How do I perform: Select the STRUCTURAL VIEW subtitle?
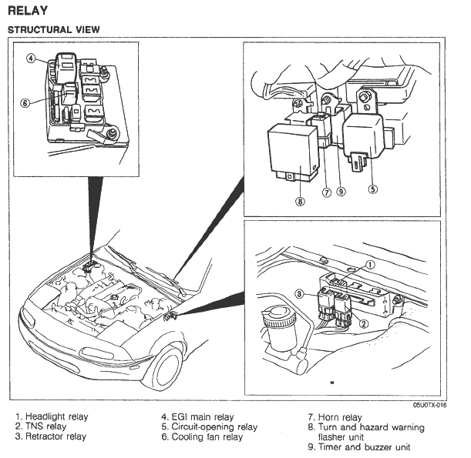tap(53, 29)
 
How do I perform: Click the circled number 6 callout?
tap(25, 104)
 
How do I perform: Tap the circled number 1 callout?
tap(369, 263)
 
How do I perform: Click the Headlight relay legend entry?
tap(52, 416)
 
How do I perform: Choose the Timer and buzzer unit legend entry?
tap(358, 447)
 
